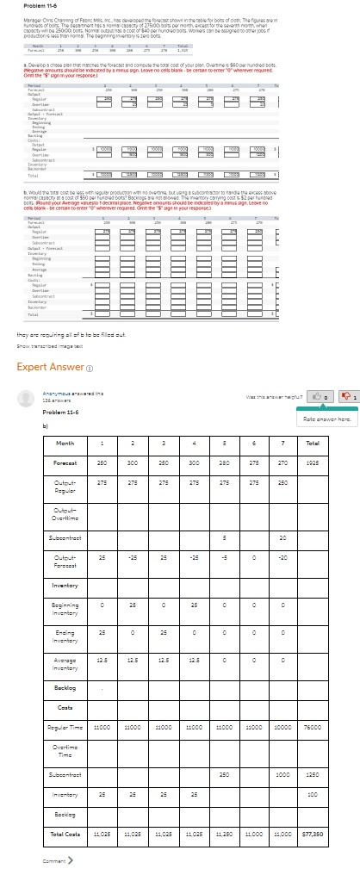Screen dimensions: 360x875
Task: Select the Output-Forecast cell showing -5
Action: coord(224,565)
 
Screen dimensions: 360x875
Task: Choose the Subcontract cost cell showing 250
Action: coord(224,773)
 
